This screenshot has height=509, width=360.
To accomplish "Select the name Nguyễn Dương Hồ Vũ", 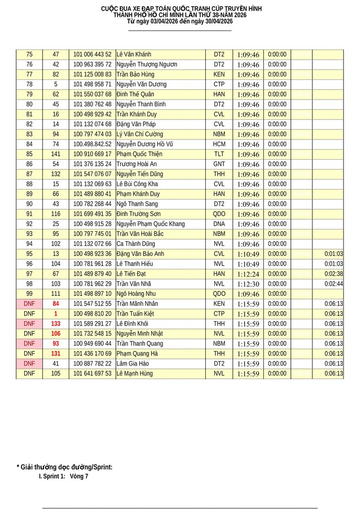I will click(x=144, y=144).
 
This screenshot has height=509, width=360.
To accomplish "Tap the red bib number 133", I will click(x=56, y=323).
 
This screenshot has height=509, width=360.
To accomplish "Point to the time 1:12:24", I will click(x=248, y=274).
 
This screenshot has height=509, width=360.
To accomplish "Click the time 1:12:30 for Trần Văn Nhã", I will click(x=248, y=284).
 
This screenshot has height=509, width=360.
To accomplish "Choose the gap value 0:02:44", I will click(x=334, y=283).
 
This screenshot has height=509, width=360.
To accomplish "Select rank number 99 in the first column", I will click(x=29, y=294).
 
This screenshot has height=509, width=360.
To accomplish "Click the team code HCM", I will click(x=219, y=144).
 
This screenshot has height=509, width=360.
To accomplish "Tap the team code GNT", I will click(x=219, y=164).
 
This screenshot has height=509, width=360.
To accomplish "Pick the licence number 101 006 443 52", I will click(x=92, y=55).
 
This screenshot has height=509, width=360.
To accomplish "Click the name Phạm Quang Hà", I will click(x=137, y=353).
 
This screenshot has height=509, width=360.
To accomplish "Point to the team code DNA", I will click(x=219, y=224).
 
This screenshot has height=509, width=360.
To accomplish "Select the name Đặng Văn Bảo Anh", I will click(x=140, y=254).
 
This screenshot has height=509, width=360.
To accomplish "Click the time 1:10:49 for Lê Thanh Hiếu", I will click(x=248, y=264).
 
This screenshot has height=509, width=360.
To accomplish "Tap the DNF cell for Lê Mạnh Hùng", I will click(x=29, y=373).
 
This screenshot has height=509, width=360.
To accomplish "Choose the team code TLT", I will click(x=219, y=154).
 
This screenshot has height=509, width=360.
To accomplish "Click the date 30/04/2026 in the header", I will click(x=214, y=21).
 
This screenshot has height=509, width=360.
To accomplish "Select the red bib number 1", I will click(x=56, y=313).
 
